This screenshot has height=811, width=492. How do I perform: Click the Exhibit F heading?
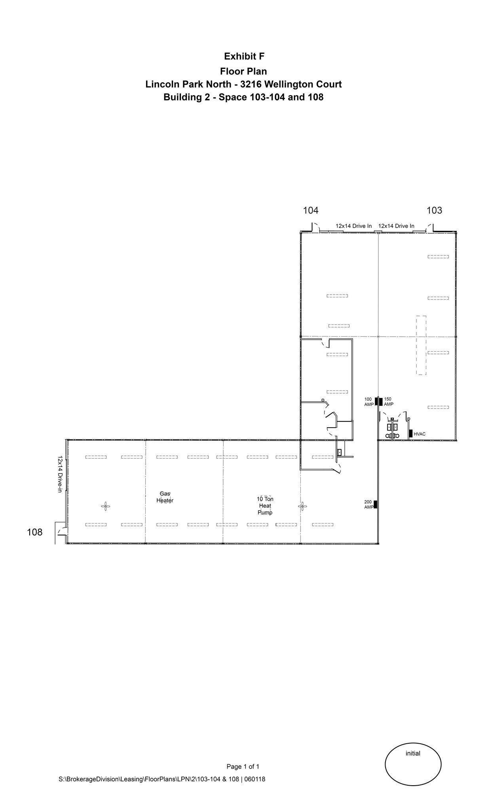point(244,57)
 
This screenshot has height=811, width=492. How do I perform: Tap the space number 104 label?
point(311,210)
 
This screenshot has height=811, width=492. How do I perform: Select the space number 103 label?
point(434,210)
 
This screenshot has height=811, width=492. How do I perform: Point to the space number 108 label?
point(34,532)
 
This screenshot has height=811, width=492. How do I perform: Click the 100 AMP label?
point(369,402)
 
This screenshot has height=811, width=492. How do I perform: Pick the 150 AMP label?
point(389,402)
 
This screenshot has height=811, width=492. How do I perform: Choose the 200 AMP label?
point(369,504)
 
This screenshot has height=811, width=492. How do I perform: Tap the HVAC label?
point(420,434)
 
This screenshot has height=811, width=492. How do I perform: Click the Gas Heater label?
point(165,497)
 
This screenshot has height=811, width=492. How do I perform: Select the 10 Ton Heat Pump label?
point(265,506)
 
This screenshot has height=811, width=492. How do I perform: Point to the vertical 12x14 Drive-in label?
point(60,474)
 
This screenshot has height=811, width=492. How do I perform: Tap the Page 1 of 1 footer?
point(243,766)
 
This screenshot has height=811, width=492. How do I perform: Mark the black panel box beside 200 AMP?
point(375,504)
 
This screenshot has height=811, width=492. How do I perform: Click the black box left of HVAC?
point(411,433)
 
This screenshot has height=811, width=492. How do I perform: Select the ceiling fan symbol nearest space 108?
point(105,506)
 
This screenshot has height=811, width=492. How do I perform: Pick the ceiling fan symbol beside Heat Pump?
point(302,506)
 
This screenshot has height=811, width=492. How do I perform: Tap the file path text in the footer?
point(162,779)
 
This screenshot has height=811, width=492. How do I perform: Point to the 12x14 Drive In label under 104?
point(353,226)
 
